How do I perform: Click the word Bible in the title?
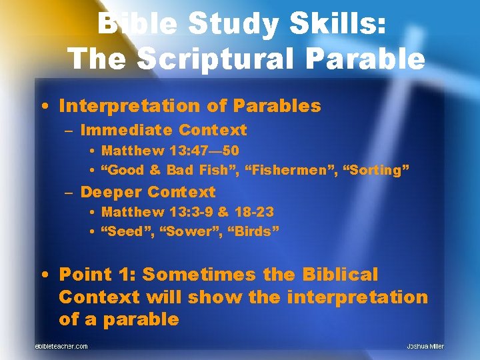tap(135, 25)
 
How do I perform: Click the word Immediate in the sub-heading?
tap(127, 130)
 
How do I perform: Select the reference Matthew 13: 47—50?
tap(169, 151)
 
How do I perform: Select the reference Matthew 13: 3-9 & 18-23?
tap(187, 212)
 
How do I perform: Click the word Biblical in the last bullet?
tap(340, 275)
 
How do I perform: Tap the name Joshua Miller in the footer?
tap(425, 346)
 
